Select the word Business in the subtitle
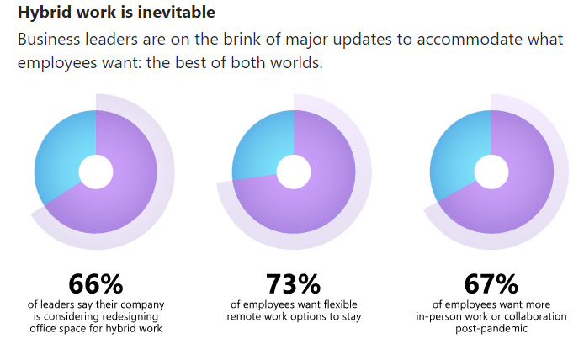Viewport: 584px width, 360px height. point(49,39)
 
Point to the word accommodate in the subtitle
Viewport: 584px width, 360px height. point(470,39)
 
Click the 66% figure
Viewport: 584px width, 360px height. point(96,284)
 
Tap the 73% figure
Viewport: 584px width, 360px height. point(293,284)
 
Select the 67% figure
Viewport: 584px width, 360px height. point(491,284)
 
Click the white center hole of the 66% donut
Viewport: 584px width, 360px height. point(96,172)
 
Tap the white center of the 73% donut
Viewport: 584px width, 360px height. point(294,172)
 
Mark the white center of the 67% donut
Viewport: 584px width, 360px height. point(491,172)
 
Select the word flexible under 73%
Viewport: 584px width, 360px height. point(341,304)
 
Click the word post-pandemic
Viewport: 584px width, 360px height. point(491,329)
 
